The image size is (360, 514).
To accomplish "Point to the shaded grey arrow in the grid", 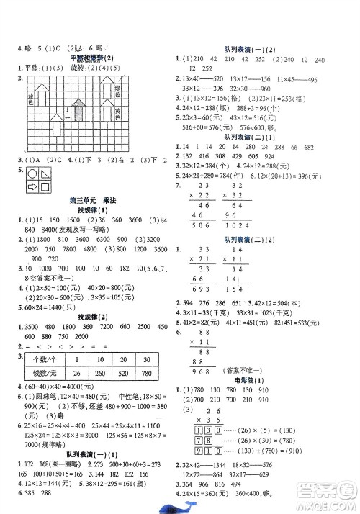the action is tap(78, 111).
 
